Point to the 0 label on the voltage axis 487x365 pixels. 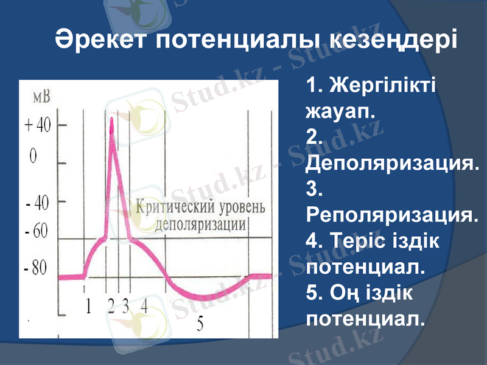[x=33, y=156]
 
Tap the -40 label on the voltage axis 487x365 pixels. [x=37, y=203]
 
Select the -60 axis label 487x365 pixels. [x=37, y=232]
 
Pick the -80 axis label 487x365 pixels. [x=37, y=268]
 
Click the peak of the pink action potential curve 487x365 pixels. [x=111, y=121]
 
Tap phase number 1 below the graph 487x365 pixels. [x=89, y=306]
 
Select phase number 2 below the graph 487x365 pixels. [x=111, y=306]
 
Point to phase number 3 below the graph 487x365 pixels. [x=125, y=306]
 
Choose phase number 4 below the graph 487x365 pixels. [x=144, y=306]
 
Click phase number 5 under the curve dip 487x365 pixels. [x=200, y=324]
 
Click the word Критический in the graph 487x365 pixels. [x=172, y=207]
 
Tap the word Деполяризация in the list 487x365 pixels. [x=390, y=164]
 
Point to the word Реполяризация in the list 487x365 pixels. [x=390, y=216]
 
